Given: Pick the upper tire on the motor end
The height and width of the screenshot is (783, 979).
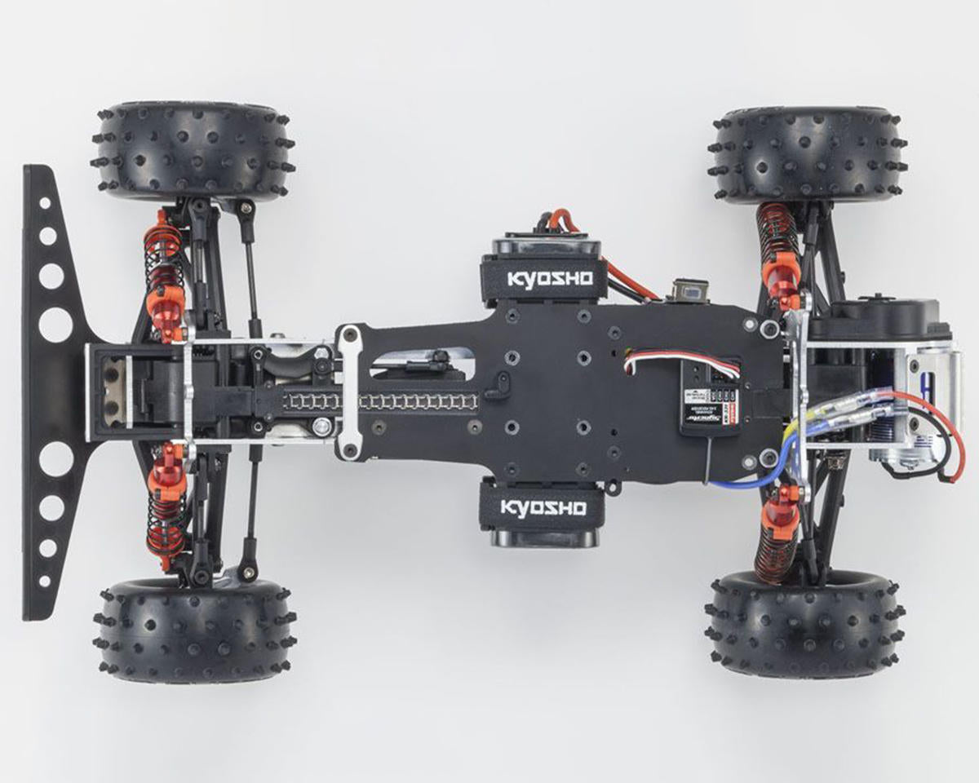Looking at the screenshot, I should coord(808,155).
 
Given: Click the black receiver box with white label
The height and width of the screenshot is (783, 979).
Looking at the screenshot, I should coord(709,397).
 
